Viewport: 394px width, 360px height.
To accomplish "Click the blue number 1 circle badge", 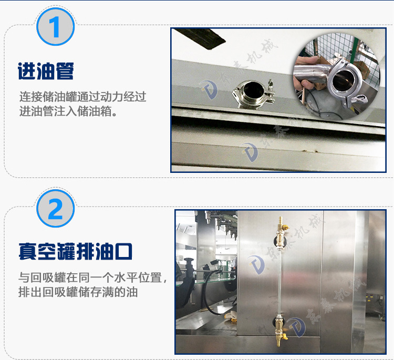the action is pyautogui.click(x=56, y=27).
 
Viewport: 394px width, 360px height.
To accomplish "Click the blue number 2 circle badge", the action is pyautogui.click(x=56, y=209).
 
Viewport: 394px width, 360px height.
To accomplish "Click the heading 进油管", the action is pyautogui.click(x=46, y=71).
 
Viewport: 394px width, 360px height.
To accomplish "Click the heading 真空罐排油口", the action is pyautogui.click(x=75, y=251).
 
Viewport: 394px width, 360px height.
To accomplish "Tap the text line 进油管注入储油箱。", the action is pyautogui.click(x=68, y=111).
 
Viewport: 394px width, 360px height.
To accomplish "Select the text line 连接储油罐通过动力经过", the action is pyautogui.click(x=82, y=97).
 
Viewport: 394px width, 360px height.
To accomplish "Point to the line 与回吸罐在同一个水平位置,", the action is pyautogui.click(x=92, y=277).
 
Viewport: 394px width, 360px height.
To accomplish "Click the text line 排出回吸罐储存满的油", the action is pyautogui.click(x=78, y=292).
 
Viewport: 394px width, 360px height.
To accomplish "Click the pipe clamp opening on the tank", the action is pyautogui.click(x=253, y=94).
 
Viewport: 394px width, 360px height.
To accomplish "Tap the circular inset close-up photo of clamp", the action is pyautogui.click(x=337, y=76).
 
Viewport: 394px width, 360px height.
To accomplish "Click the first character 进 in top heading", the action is pyautogui.click(x=26, y=71).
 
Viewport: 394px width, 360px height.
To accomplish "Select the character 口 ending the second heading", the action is pyautogui.click(x=123, y=251).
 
